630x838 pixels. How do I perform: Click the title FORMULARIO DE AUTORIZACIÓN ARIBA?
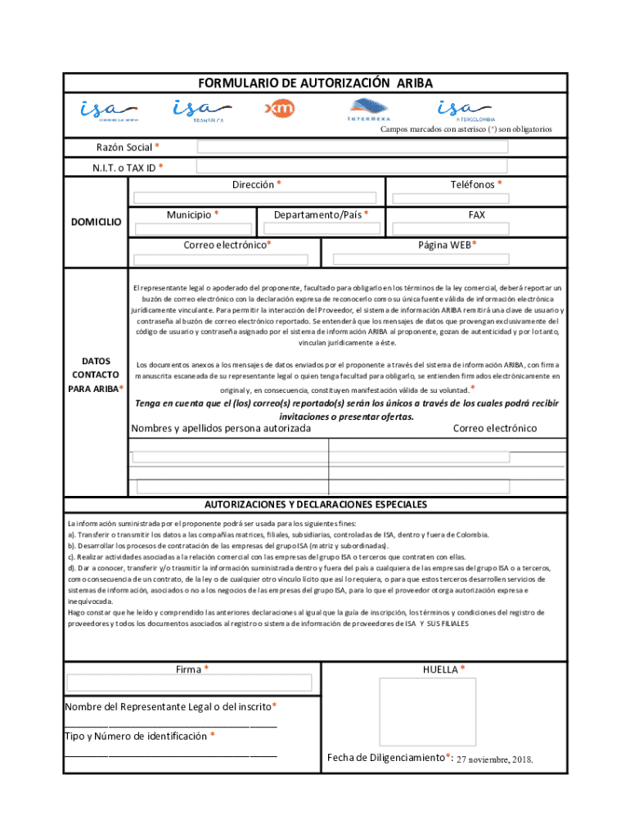(315, 83)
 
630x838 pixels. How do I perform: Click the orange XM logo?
(280, 109)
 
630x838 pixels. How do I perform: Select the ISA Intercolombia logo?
(465, 110)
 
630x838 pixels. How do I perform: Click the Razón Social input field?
(353, 147)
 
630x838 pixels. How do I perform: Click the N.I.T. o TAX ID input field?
(353, 168)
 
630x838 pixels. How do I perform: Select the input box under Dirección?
(255, 198)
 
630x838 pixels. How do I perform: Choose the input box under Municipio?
(193, 229)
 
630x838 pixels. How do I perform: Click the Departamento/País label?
(321, 214)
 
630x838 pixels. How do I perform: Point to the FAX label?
(476, 214)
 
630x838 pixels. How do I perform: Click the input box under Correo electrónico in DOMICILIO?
(221, 259)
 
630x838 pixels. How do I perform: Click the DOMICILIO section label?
(96, 222)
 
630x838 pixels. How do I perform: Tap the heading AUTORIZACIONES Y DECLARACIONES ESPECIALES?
(315, 504)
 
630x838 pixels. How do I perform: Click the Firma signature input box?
(189, 683)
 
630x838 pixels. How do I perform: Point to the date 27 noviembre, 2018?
(494, 759)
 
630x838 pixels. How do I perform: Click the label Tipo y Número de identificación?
(140, 736)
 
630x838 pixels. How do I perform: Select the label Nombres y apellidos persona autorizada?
(221, 428)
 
